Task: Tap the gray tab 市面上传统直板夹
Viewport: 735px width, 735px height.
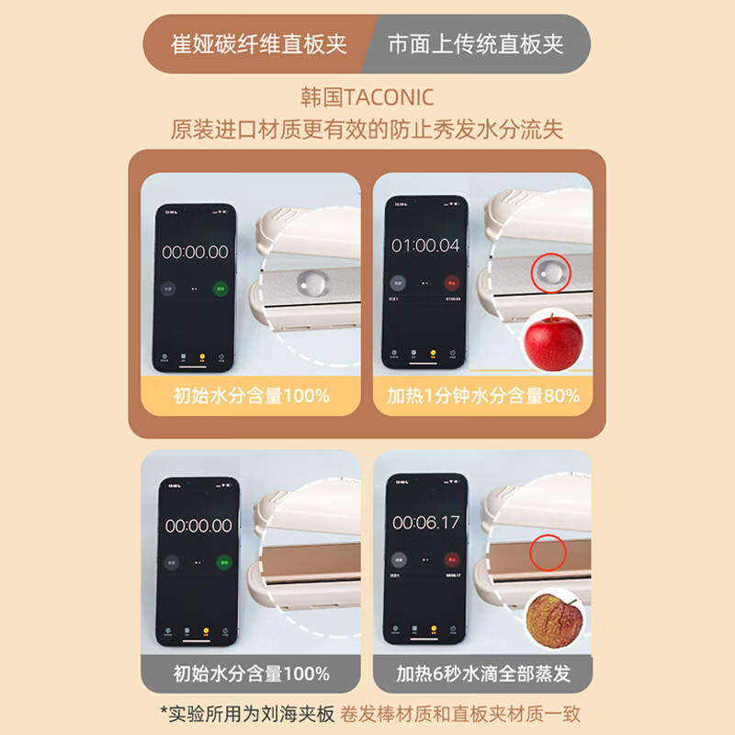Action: click(x=475, y=44)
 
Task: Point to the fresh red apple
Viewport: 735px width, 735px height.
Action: click(x=554, y=342)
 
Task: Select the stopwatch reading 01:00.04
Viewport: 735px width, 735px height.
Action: click(x=425, y=246)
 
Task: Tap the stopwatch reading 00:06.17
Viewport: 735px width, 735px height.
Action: click(x=425, y=522)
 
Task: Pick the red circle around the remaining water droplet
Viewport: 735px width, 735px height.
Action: click(x=551, y=271)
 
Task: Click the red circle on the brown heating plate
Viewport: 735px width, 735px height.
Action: click(x=549, y=551)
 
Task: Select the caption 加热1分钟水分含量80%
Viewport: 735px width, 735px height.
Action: click(x=482, y=396)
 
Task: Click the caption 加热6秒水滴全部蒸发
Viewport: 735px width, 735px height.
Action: click(x=482, y=673)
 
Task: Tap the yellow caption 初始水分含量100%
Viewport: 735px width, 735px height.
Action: click(x=251, y=396)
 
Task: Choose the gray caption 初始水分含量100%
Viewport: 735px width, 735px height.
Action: click(x=251, y=673)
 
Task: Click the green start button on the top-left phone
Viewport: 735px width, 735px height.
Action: click(x=220, y=288)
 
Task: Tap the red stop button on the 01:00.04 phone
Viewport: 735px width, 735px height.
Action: click(x=451, y=285)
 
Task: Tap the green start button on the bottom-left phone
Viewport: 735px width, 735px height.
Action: click(x=221, y=562)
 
